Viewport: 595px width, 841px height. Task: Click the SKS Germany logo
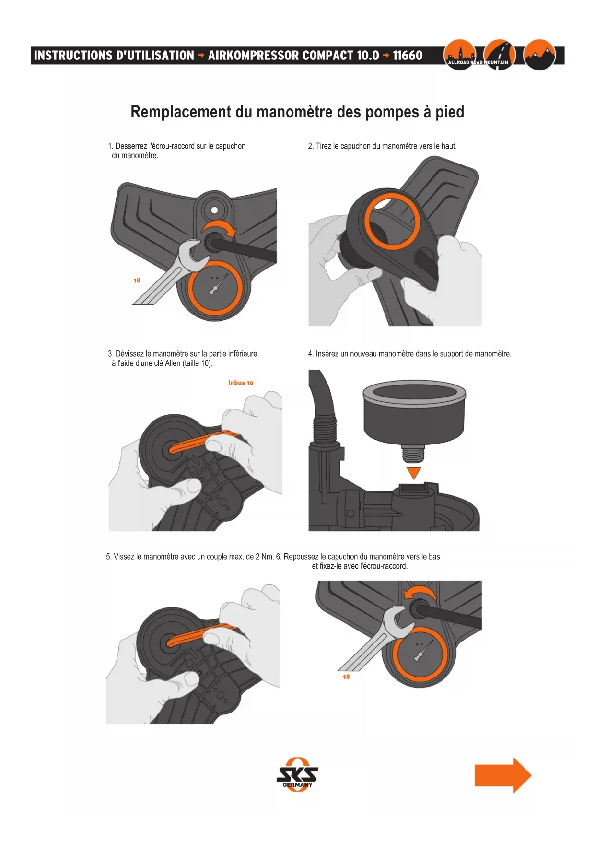tap(297, 774)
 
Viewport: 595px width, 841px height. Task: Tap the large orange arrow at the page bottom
tap(503, 775)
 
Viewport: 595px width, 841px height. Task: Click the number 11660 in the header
tap(408, 56)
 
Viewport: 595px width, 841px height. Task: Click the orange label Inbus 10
tap(241, 383)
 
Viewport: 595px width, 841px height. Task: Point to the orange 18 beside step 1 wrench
tap(137, 280)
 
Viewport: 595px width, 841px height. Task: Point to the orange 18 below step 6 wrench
tap(346, 677)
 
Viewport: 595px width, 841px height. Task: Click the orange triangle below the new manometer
tap(414, 473)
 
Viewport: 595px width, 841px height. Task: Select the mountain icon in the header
tap(539, 55)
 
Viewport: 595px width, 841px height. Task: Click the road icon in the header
tap(500, 55)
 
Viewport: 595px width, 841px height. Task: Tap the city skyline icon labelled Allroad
tap(460, 55)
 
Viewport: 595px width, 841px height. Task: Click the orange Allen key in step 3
tap(204, 442)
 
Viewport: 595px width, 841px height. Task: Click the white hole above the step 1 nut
tap(214, 210)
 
